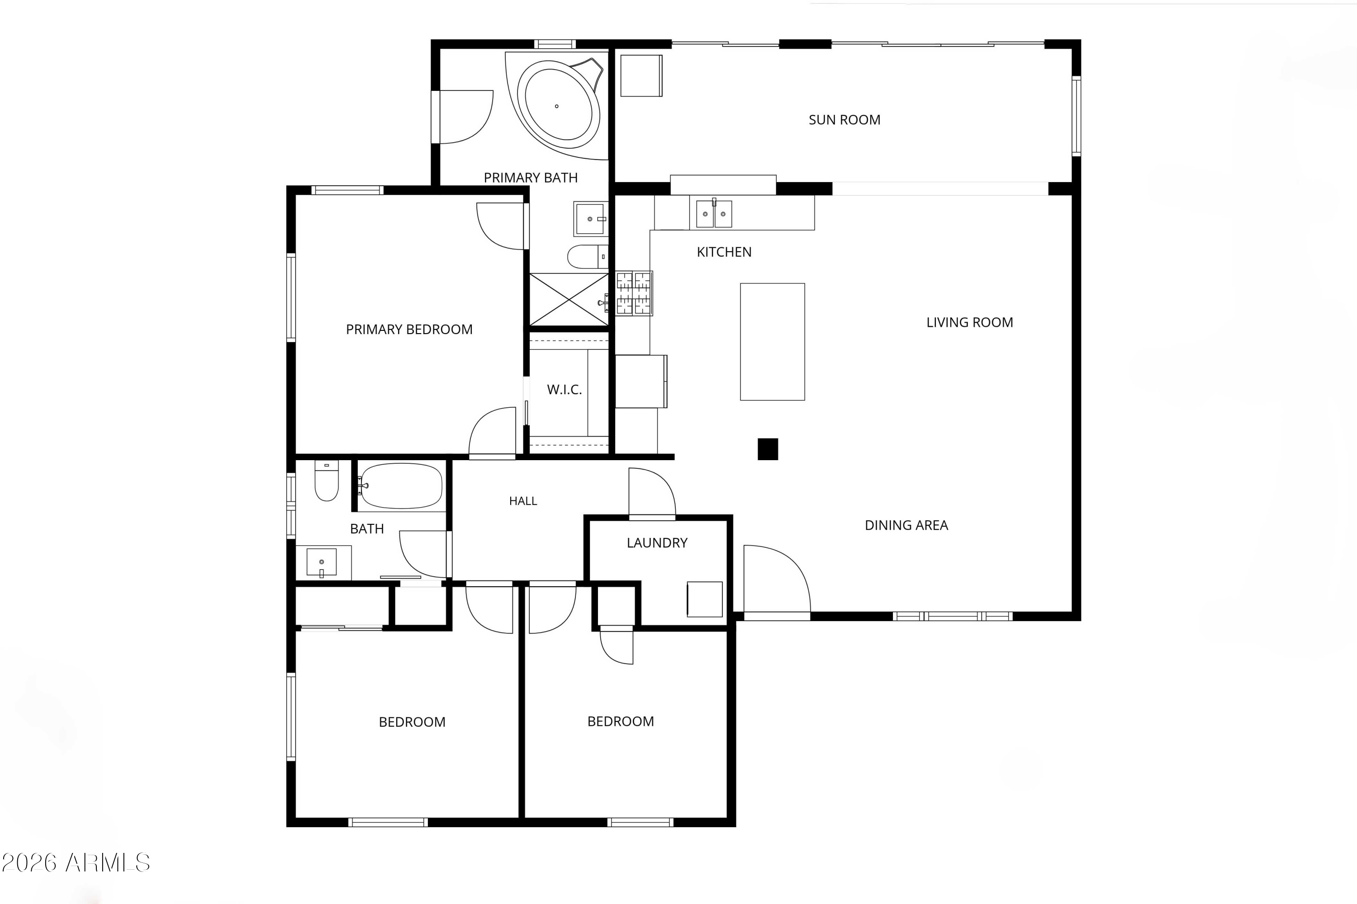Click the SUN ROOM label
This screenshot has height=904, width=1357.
coord(844,120)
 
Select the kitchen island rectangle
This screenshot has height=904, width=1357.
coord(773,341)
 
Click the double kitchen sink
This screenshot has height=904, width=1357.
coord(714,213)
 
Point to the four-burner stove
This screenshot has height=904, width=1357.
coord(634,293)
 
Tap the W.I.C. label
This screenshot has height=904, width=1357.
coord(564,390)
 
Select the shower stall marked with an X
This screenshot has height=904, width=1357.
coord(569,300)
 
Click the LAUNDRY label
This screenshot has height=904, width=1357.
coord(657,543)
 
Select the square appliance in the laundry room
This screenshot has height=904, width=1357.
coord(704,600)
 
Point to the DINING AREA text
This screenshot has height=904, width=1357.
coord(906,525)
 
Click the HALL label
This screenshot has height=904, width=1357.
coord(523,501)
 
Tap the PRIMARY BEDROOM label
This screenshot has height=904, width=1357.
coord(409,329)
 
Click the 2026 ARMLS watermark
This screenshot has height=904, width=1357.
coord(76,862)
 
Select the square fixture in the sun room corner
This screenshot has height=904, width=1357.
coord(641,75)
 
